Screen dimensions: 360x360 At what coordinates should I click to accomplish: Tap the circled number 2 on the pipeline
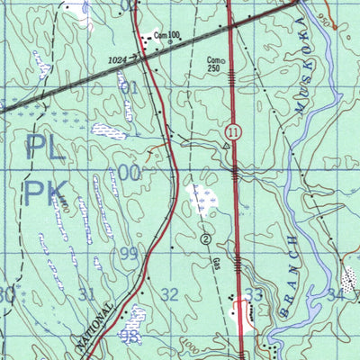click(x=206, y=239)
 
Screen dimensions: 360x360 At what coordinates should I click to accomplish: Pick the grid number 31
click(x=86, y=293)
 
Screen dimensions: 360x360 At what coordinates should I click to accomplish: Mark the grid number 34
click(x=336, y=293)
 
